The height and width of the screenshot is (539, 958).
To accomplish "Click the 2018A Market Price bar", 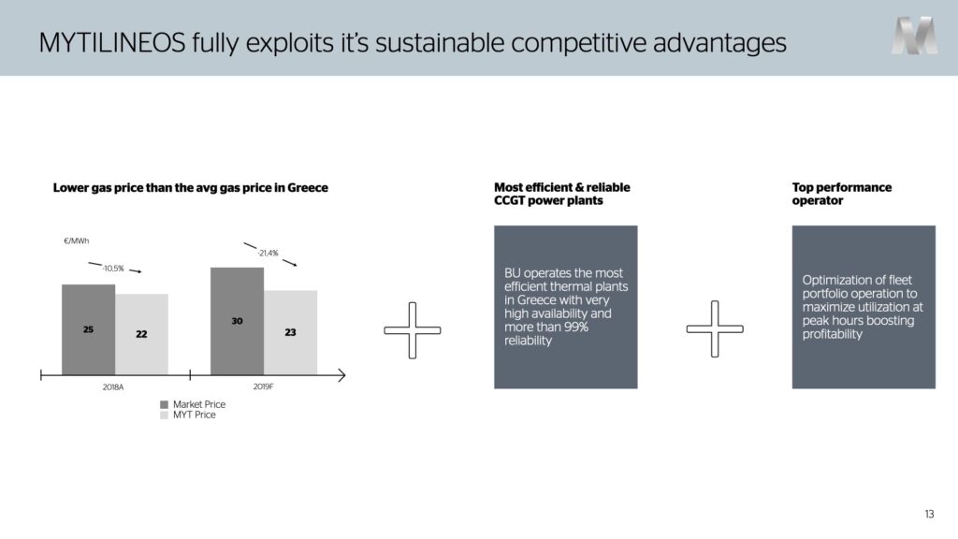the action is (x=89, y=329).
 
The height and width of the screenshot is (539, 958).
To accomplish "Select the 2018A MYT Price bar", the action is (x=142, y=334).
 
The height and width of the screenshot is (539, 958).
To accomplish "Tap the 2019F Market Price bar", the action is (x=237, y=321).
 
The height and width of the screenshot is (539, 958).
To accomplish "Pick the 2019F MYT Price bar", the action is (x=291, y=332).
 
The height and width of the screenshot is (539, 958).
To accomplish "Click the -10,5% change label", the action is (x=113, y=269).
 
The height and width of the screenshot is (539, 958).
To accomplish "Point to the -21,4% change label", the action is (x=268, y=253).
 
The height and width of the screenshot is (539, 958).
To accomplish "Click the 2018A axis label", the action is (x=113, y=386).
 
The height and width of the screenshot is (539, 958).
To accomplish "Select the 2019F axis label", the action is (x=263, y=386).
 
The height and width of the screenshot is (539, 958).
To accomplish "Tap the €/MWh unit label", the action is (x=77, y=240).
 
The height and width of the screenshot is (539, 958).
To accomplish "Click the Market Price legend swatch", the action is (x=164, y=404).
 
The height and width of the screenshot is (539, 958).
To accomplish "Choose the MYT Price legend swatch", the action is (x=164, y=415).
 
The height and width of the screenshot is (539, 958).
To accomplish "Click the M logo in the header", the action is (x=914, y=36).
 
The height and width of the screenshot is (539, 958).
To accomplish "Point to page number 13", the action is (x=929, y=514).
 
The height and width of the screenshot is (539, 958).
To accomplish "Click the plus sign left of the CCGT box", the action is (x=413, y=330).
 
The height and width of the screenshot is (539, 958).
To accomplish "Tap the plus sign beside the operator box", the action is (x=715, y=328).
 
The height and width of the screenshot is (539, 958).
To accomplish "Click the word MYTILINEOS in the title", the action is (x=112, y=43).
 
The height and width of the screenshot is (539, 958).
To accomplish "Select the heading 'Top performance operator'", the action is (x=842, y=194).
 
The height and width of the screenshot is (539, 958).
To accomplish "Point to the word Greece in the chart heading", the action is (x=308, y=187).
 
